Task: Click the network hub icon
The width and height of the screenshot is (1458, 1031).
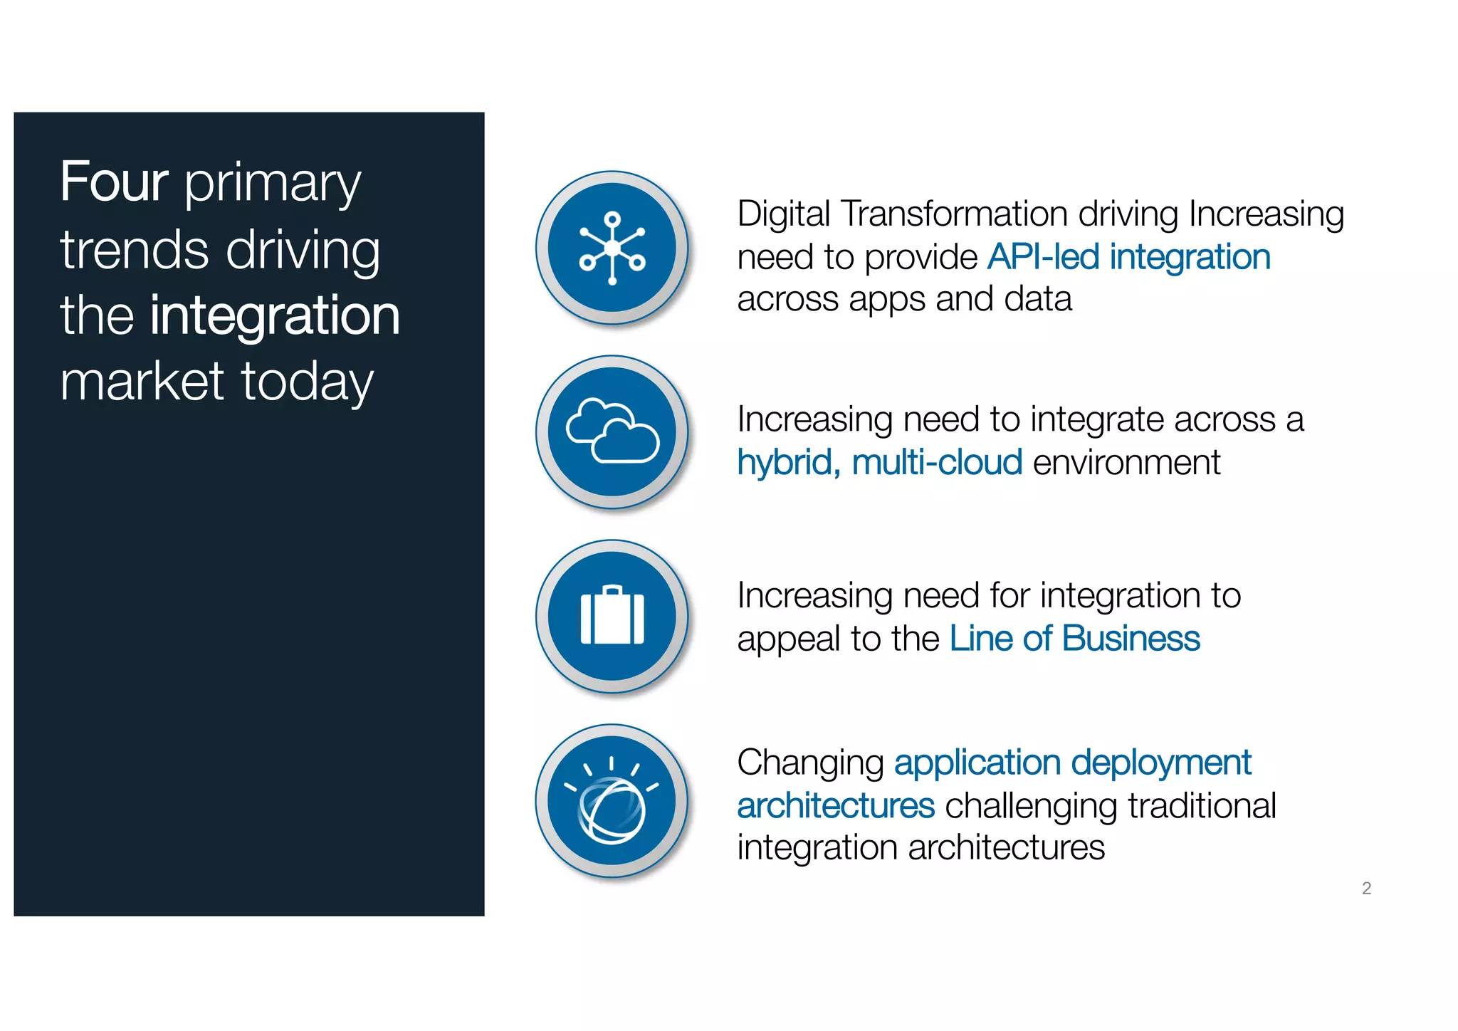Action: click(x=612, y=248)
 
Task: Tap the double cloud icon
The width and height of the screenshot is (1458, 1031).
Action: click(x=612, y=431)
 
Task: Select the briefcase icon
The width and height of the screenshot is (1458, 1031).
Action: click(x=612, y=616)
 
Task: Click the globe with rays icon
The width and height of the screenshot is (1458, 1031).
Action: click(x=612, y=801)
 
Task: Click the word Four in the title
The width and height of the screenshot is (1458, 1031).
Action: click(x=114, y=182)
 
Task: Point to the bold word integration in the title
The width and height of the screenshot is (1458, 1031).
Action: click(x=275, y=315)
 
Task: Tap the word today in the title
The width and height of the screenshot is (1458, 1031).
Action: click(x=307, y=382)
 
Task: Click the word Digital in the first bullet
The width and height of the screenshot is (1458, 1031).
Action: click(x=783, y=214)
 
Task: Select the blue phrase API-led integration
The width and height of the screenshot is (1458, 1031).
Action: click(x=1128, y=257)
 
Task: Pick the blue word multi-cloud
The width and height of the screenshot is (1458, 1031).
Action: click(x=937, y=463)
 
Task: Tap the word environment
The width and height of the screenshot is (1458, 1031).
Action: click(x=1126, y=463)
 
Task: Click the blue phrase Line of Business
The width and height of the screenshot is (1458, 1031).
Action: click(x=1074, y=639)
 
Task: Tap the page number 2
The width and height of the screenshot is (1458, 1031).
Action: click(x=1366, y=888)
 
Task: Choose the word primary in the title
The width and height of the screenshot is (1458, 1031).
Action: click(x=273, y=184)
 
